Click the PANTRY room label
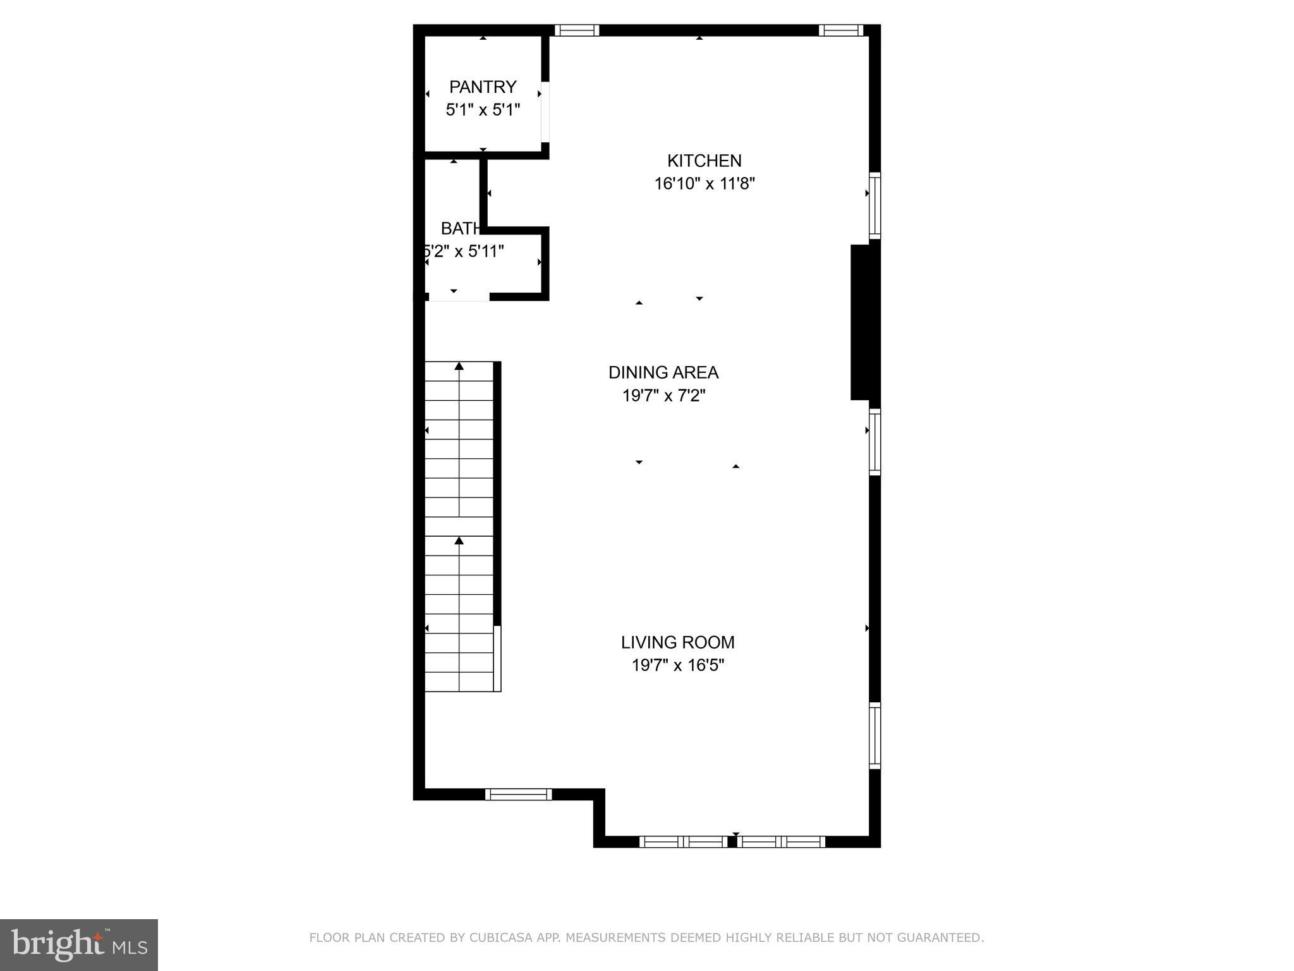click(x=483, y=87)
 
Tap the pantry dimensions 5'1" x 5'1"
click(x=483, y=110)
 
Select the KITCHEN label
click(x=704, y=161)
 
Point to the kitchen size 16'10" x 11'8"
click(x=704, y=184)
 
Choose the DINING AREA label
click(x=663, y=372)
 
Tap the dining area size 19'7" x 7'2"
click(x=663, y=396)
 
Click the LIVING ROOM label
click(x=677, y=642)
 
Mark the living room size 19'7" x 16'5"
click(x=677, y=666)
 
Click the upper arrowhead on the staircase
click(x=459, y=366)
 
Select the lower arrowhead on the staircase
click(x=459, y=540)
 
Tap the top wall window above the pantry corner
click(x=576, y=30)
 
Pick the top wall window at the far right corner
click(x=840, y=30)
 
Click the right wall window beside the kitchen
click(x=874, y=205)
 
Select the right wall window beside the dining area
click(x=874, y=441)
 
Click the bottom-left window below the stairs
click(x=518, y=795)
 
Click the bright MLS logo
click(x=79, y=944)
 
